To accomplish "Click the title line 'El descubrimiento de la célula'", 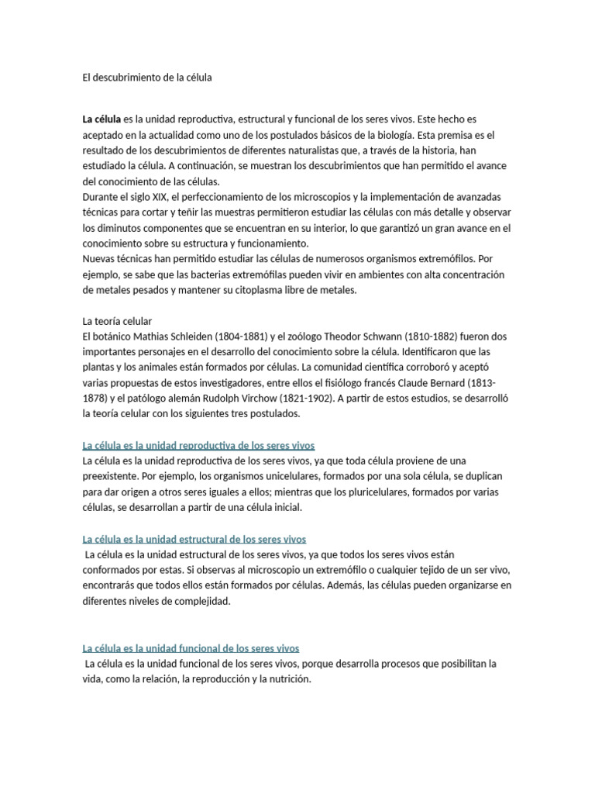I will click(146, 78).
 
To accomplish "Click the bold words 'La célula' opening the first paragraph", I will click(101, 119).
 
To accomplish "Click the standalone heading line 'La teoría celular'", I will click(117, 321).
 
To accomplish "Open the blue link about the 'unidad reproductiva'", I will click(198, 445).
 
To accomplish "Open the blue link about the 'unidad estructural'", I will click(194, 539).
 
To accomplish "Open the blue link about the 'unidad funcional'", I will click(191, 648).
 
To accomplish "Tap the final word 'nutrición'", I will click(287, 678).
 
